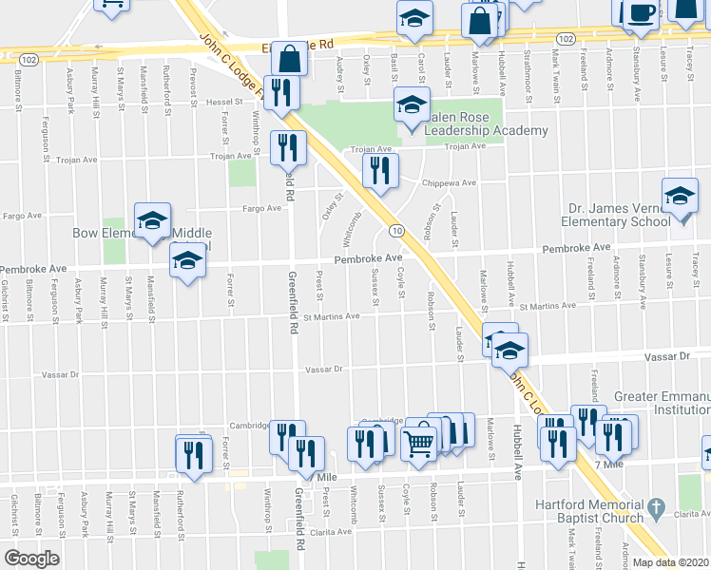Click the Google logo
coord(30,558)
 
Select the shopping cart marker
coord(418,440)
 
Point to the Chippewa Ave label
coord(453,182)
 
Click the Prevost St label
coord(193,81)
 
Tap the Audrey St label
coord(340,68)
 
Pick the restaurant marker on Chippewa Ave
coord(378,171)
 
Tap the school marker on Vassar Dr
coord(509,350)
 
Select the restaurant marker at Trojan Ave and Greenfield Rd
coord(287,148)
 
